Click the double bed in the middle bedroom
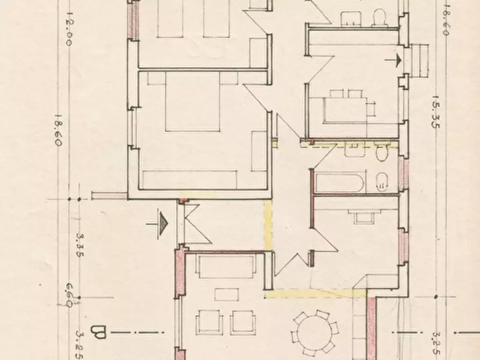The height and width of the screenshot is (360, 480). (x=192, y=102)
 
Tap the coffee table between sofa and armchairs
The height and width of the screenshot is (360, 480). (x=226, y=294)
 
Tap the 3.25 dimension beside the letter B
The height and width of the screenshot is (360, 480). (x=80, y=341)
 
